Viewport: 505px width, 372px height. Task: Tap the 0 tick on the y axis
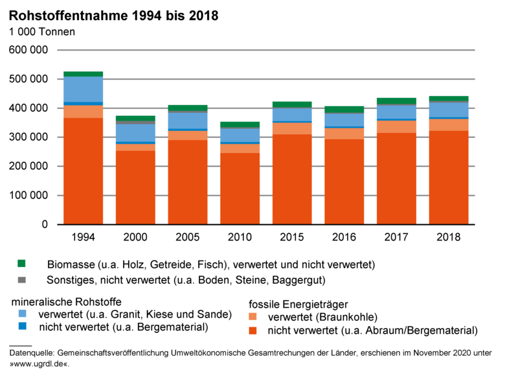coord(45,225)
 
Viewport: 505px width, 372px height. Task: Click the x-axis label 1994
coord(84,237)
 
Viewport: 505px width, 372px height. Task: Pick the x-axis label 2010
coord(240,237)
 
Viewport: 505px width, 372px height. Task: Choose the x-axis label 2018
coord(449,237)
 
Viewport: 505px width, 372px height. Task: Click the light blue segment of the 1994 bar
coord(84,89)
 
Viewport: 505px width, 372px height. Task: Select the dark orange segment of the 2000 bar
coord(135,188)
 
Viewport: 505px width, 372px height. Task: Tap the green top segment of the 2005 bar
coord(188,108)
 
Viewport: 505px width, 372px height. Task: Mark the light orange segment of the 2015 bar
coord(292,128)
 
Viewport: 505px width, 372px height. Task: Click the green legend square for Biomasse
coord(21,264)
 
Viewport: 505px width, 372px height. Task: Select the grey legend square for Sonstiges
coord(21,280)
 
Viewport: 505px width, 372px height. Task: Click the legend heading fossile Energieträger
coord(298,303)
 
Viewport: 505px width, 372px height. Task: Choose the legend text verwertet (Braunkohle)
coord(322,317)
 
